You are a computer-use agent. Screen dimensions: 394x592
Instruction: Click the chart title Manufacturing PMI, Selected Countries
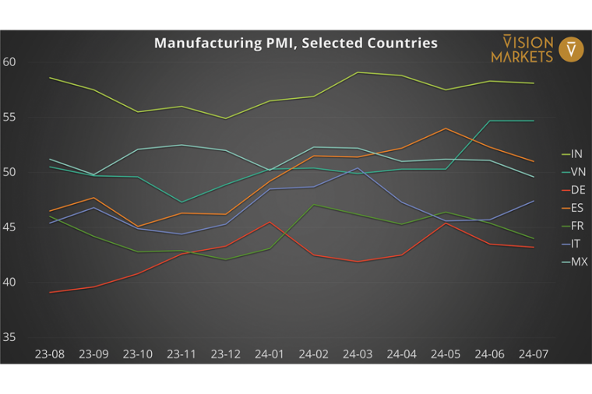pos(295,43)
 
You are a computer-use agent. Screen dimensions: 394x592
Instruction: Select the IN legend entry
pos(576,153)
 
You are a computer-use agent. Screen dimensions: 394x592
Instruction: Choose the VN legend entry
pos(577,171)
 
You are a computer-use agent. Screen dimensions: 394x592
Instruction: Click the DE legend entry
pos(577,190)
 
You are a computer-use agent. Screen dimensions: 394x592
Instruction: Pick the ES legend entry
pos(577,208)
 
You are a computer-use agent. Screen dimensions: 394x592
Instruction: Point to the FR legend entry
pos(577,226)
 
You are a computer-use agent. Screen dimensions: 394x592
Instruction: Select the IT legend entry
pos(576,244)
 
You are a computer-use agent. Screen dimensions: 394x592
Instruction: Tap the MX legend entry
pos(579,262)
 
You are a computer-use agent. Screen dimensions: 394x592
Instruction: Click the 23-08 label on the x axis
pos(49,354)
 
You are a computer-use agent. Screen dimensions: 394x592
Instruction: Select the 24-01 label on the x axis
pos(269,354)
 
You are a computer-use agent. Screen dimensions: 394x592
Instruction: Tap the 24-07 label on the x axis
pos(533,354)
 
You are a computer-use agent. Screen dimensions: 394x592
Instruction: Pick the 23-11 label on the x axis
pos(181,354)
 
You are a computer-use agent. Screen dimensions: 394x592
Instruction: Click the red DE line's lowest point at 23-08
pos(49,292)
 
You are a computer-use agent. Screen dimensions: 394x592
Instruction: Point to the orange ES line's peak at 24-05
pos(446,128)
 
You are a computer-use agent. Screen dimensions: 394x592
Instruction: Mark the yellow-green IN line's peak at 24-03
pos(358,72)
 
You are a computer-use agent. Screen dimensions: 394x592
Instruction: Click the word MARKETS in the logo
pos(522,56)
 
